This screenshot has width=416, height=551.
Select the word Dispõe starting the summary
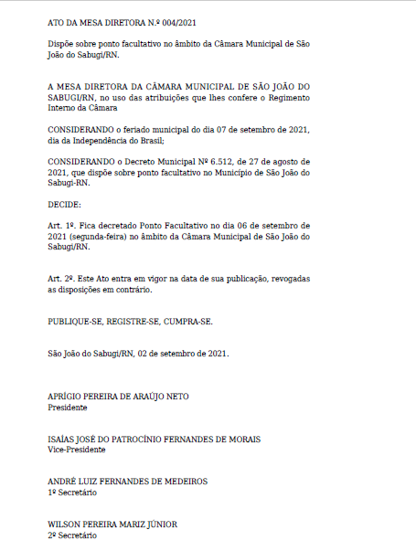tap(62, 44)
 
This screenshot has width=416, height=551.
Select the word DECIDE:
tap(64, 204)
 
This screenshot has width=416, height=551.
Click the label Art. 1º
tap(61, 225)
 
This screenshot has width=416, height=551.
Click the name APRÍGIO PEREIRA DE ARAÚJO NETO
tap(118, 397)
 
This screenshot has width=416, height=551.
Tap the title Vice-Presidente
tap(77, 450)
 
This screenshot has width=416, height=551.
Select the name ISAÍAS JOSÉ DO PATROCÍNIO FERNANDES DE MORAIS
tap(154, 440)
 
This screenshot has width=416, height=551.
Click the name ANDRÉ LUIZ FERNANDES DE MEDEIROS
tap(127, 482)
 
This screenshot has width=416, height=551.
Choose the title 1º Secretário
tap(72, 493)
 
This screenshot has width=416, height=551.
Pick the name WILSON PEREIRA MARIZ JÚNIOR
tap(112, 525)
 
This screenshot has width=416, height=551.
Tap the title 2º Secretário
tap(72, 535)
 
